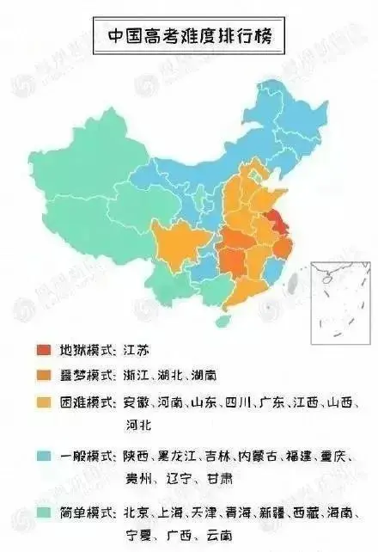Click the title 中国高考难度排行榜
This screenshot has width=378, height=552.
coord(189,37)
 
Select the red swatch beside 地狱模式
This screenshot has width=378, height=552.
coord(43,350)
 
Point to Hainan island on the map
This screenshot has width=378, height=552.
coord(225,320)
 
